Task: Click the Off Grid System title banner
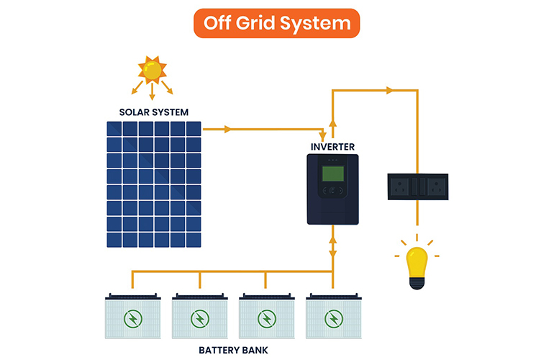276,23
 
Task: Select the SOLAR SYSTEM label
154,112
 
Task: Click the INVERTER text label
332,147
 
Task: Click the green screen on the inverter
332,174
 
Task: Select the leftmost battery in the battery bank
132,317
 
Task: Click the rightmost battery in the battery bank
332,317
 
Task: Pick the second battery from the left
199,317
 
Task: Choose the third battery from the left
266,317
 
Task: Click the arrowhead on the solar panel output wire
228,130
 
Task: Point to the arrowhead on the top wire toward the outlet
389,91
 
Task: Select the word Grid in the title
273,23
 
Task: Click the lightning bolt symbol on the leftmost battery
132,318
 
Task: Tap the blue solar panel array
154,184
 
